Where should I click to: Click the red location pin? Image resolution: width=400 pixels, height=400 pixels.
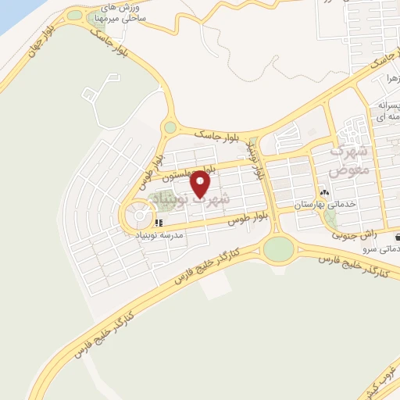pos(201,183)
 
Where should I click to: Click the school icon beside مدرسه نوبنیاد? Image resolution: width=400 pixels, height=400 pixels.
pos(159,223)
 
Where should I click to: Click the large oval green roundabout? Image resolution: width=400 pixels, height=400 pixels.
pos(278,250)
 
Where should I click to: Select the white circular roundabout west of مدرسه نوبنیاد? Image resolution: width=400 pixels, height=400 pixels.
pos(138,213)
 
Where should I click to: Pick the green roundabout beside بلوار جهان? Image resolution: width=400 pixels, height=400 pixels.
pos(75,15)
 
